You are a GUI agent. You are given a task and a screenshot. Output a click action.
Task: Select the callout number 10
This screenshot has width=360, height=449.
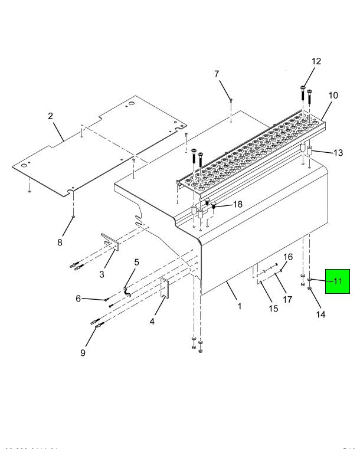coord(333,95)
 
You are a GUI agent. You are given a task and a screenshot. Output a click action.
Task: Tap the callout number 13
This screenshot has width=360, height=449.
coord(338,153)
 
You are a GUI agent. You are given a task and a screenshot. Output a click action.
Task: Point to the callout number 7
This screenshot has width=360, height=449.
coord(216,74)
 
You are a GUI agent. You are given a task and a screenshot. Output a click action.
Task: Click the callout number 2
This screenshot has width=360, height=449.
coord(51,116)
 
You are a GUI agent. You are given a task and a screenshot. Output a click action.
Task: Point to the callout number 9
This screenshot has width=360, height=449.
coord(83,353)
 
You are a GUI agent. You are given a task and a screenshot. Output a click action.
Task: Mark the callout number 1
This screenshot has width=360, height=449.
coord(240,306)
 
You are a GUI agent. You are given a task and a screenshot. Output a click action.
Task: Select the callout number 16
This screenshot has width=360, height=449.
coord(289,257)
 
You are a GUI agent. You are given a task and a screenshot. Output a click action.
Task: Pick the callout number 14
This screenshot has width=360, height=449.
coord(321,314)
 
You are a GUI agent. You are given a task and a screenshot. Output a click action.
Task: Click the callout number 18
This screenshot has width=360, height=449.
coord(237,204)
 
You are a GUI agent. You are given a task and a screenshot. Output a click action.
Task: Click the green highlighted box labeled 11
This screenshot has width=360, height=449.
coord(338,281)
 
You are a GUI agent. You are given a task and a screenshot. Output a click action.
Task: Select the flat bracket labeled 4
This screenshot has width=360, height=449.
coord(166,291)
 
